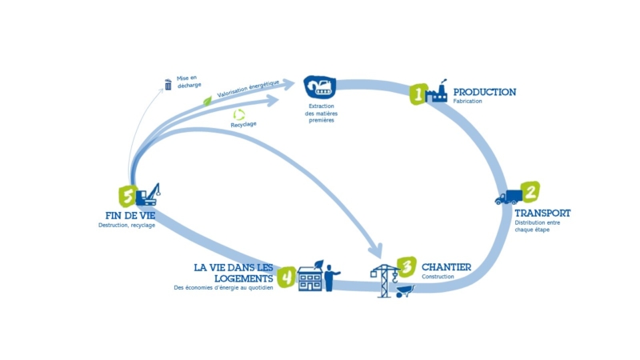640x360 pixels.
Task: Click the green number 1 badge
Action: (x=417, y=94)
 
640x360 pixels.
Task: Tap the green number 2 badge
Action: (x=530, y=192)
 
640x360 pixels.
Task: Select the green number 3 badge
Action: (x=406, y=266)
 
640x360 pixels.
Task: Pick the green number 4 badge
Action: (x=286, y=276)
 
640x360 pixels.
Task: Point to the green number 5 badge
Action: (x=126, y=195)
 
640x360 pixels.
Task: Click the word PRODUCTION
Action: (x=484, y=92)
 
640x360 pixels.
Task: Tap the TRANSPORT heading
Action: (x=542, y=213)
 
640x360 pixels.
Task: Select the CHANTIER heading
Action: (x=446, y=266)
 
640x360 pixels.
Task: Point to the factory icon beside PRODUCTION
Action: (x=438, y=92)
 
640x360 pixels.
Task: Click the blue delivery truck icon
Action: (x=506, y=197)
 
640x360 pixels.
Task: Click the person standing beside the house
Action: (x=329, y=276)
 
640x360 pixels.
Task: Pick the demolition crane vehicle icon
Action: (x=148, y=194)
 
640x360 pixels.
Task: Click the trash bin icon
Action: (x=168, y=85)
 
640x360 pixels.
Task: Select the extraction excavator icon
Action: (x=320, y=86)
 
